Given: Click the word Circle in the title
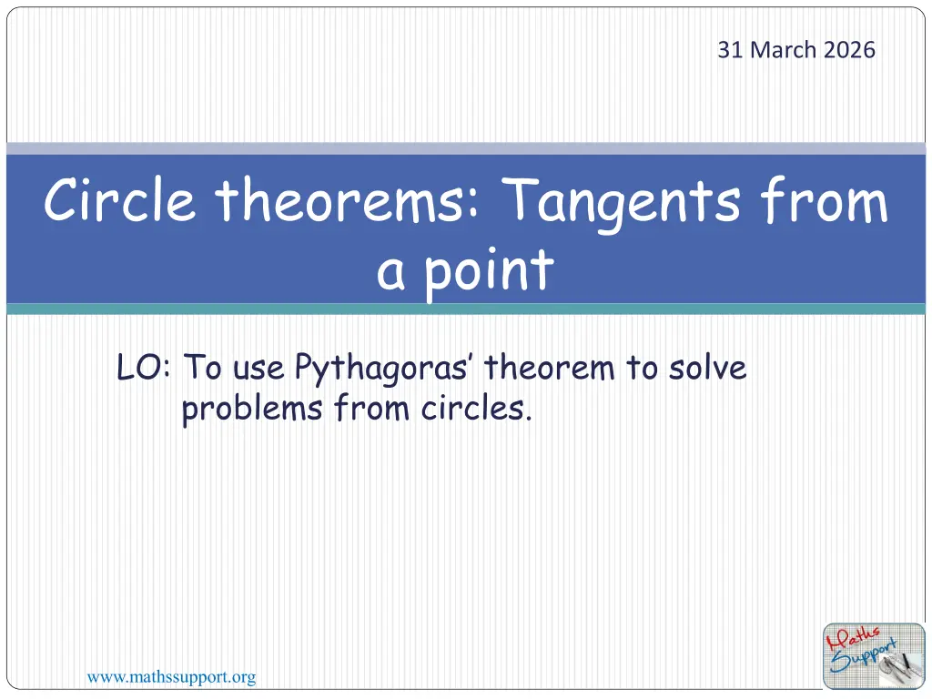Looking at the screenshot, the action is (x=119, y=199).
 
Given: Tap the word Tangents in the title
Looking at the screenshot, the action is (x=622, y=202).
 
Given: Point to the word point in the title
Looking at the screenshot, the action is (x=489, y=271).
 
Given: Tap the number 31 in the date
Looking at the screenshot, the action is (x=731, y=50).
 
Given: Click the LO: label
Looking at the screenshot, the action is (x=144, y=368).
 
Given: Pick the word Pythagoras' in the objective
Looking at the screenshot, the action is (x=381, y=369).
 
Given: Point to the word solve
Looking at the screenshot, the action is (x=707, y=368).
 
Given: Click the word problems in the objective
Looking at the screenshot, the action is (x=252, y=409).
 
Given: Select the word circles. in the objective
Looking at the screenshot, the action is (x=476, y=409).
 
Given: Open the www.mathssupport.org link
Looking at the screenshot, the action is (x=172, y=677).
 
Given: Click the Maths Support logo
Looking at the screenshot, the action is (x=874, y=656).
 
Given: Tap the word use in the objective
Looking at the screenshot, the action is (x=258, y=369).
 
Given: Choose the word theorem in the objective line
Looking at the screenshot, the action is (x=549, y=368).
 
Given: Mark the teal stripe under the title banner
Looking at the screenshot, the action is (x=466, y=309).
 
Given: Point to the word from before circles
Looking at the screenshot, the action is (x=371, y=409).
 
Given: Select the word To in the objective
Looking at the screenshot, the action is (x=203, y=368).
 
